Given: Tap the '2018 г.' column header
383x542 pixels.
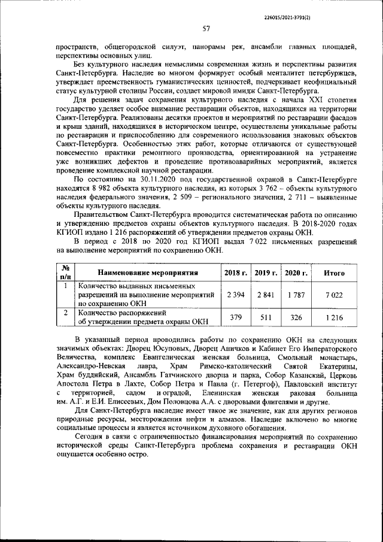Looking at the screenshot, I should [x=236, y=272].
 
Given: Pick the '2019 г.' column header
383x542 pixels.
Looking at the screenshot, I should [x=267, y=272].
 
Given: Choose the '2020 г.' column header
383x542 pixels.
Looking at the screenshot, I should [x=296, y=272].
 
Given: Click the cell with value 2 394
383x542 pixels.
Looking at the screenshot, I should [x=236, y=295].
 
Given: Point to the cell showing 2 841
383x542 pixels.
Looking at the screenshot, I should [x=267, y=295].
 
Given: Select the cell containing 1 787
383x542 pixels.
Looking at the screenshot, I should [x=296, y=295].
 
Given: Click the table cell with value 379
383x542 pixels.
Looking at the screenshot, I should [x=236, y=317].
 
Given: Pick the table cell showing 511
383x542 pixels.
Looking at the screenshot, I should [x=267, y=317].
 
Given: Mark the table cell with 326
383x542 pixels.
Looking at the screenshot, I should [x=296, y=317].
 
